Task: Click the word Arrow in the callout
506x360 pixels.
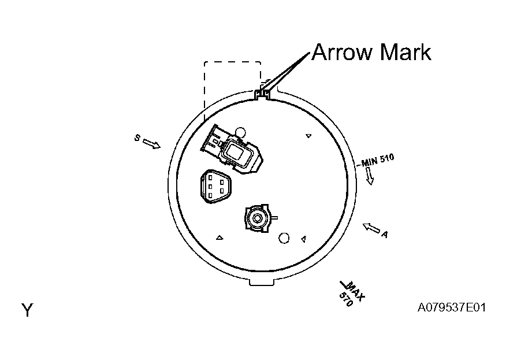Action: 343,52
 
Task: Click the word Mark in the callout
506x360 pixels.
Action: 405,52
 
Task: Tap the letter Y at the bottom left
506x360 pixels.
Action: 27,310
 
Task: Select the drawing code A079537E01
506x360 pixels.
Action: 452,307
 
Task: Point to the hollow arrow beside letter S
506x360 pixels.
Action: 151,144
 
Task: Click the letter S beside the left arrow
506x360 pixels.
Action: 137,138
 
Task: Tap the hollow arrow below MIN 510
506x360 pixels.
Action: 370,176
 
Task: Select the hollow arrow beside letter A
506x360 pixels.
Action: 371,228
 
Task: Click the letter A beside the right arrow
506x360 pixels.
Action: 384,234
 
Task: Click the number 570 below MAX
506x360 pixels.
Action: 346,300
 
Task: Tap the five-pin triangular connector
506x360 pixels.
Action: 215,187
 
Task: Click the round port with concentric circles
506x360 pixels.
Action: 257,218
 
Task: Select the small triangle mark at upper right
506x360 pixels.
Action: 308,136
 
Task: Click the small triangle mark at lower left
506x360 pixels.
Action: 219,238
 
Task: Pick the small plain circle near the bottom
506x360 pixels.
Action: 284,238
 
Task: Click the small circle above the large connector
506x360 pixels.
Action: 240,132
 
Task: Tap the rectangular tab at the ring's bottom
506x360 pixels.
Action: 262,282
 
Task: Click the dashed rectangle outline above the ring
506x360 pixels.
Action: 232,62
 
